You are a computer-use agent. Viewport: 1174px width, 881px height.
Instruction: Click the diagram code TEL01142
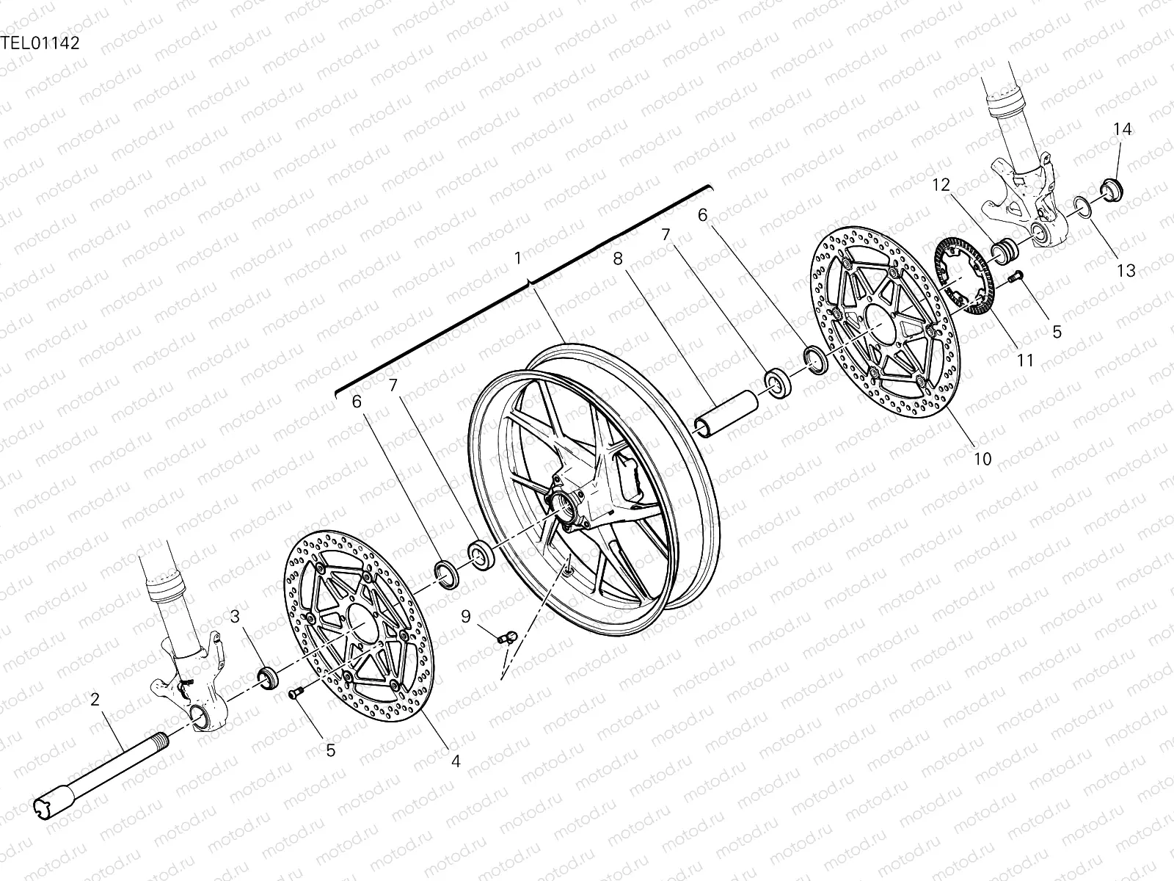[40, 42]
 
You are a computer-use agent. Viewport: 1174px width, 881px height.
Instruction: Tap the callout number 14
[1123, 130]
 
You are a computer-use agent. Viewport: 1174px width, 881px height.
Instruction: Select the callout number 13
[1126, 271]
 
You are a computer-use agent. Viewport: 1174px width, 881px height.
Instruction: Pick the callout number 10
[982, 459]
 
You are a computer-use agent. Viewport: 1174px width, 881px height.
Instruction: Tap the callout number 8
[617, 258]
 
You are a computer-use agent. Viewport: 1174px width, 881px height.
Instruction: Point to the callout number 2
[95, 699]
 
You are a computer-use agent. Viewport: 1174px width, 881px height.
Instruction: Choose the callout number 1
[518, 258]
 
